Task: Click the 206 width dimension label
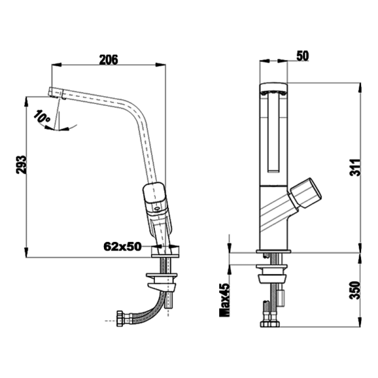(x=109, y=60)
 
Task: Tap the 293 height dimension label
(x=21, y=164)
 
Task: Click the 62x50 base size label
(x=122, y=246)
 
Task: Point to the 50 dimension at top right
(x=302, y=56)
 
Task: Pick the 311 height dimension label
(x=355, y=168)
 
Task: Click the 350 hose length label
(x=355, y=290)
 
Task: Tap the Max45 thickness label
(x=224, y=300)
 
